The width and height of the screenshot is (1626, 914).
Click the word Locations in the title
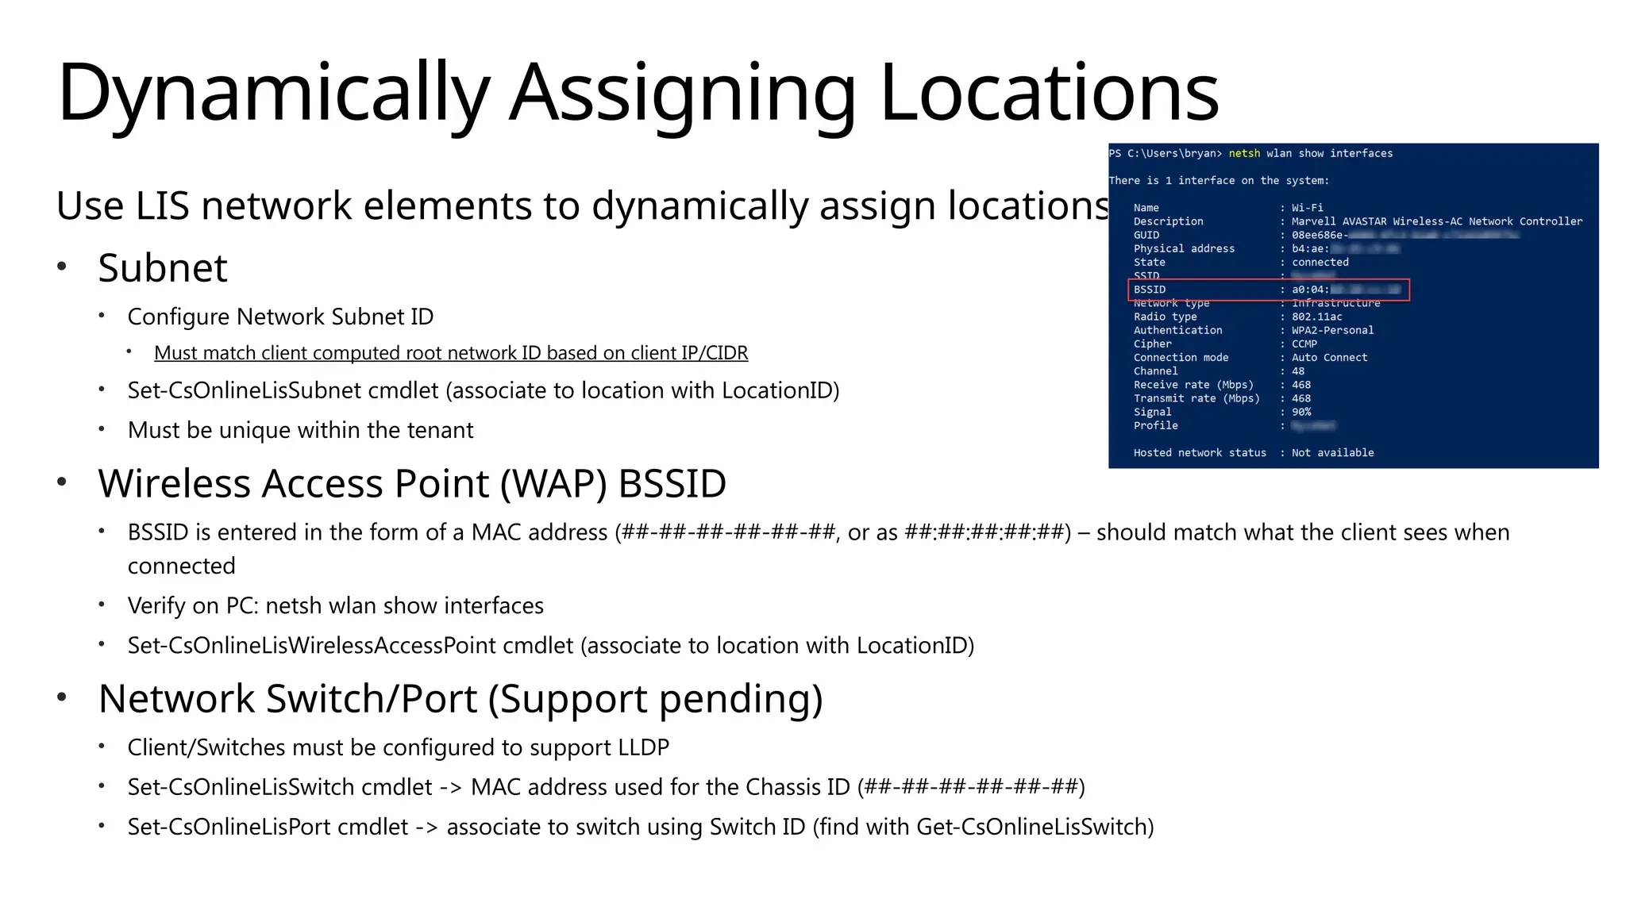click(x=1049, y=94)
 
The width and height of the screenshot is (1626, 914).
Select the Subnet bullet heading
click(x=163, y=268)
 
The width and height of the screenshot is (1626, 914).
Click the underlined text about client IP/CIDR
click(x=451, y=353)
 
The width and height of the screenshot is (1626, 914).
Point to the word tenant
click(x=440, y=430)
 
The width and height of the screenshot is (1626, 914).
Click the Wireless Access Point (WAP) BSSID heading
click(x=412, y=483)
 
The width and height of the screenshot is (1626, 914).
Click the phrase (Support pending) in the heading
click(x=655, y=699)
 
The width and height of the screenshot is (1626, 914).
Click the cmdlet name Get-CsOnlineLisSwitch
click(x=1031, y=827)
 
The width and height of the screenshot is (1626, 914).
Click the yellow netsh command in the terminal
click(x=1244, y=153)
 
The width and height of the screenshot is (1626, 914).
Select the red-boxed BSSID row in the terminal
click(x=1268, y=290)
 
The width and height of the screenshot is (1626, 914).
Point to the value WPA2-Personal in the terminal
click(x=1332, y=330)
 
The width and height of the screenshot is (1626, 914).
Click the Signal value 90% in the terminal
click(x=1301, y=412)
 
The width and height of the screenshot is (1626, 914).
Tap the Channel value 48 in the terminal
click(x=1298, y=371)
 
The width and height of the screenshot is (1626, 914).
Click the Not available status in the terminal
click(x=1332, y=453)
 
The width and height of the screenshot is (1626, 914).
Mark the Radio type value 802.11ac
click(x=1316, y=317)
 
